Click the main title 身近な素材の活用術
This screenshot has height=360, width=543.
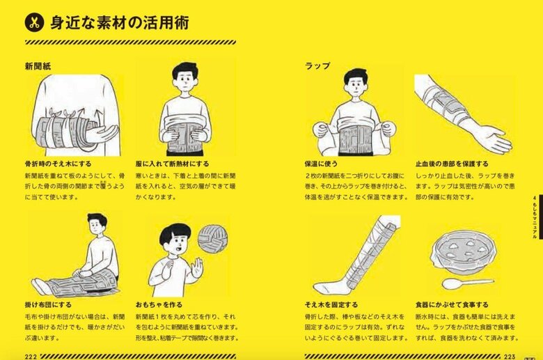118,22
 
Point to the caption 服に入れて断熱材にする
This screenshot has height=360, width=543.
173,164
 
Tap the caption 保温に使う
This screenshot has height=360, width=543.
321,164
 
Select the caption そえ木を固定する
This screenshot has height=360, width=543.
331,304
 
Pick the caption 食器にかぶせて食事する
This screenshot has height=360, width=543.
452,304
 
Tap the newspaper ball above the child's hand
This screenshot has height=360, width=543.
213,237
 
